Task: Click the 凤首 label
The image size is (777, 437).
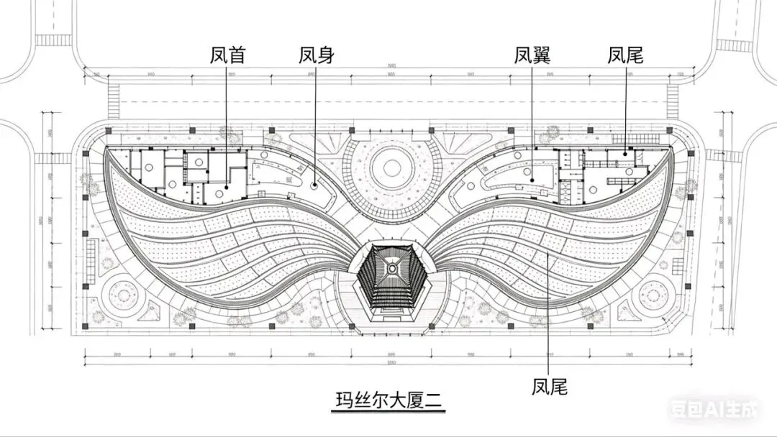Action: tap(228, 55)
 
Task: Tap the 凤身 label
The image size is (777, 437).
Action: tap(317, 55)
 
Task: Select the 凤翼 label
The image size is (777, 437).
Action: tap(532, 55)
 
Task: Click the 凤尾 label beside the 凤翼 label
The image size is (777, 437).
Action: tap(624, 55)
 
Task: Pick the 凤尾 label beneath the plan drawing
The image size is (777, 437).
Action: tap(550, 387)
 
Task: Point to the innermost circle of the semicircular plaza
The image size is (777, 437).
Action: tap(391, 167)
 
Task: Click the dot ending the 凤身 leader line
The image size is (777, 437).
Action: tap(315, 185)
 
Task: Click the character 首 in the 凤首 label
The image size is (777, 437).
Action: tap(237, 55)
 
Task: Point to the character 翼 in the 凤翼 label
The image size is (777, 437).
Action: tap(542, 55)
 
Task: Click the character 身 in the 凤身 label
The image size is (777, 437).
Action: tap(326, 55)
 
